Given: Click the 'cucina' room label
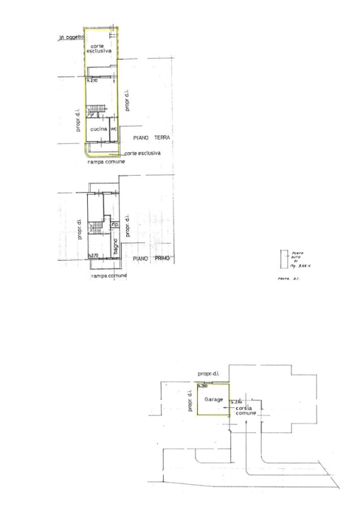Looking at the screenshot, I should [x=98, y=130].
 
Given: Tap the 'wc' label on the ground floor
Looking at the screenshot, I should [x=113, y=130].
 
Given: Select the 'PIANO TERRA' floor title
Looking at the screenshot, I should [x=148, y=139].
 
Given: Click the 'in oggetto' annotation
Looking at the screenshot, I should [x=71, y=38].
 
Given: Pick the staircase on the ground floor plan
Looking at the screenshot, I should [x=96, y=110].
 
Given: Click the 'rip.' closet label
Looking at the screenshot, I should [x=114, y=225].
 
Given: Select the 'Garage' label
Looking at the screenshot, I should [x=213, y=399].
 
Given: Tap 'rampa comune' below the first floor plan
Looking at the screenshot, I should [x=108, y=276].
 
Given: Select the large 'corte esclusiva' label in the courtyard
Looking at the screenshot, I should [x=101, y=49].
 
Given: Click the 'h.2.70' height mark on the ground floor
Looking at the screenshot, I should [x=91, y=81].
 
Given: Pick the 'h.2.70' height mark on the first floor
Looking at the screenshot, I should [x=92, y=255].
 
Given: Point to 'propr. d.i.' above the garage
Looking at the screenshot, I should [x=210, y=373].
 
